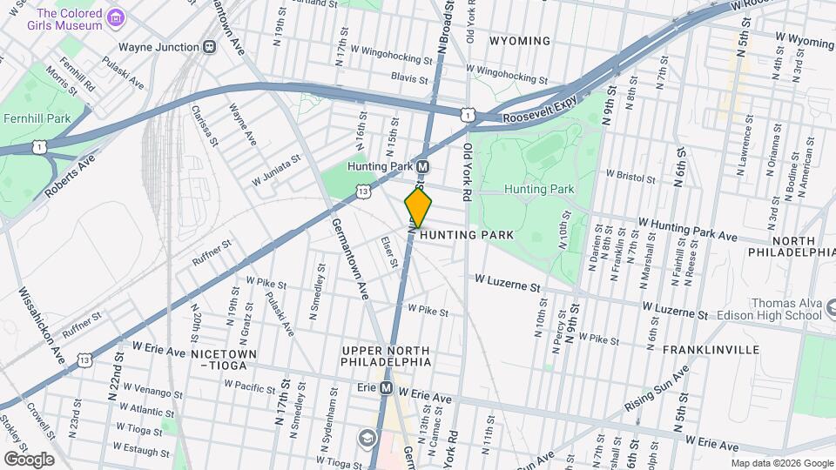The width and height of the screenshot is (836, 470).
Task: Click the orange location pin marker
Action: (419, 207)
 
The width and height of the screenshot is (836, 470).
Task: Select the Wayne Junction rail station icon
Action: (209, 47)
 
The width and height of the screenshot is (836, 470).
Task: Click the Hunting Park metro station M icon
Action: (422, 166)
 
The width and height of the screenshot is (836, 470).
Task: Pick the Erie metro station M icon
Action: (386, 388)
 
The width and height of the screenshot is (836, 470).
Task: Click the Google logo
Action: (29, 459)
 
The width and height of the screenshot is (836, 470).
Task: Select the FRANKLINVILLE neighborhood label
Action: (711, 350)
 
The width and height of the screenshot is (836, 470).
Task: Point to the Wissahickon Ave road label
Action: (41, 322)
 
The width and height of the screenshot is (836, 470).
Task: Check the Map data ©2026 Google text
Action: (782, 463)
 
